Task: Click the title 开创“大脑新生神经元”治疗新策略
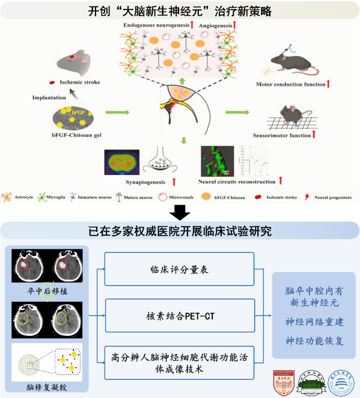click(x=180, y=11)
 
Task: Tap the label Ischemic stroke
click(x=78, y=82)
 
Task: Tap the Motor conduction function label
click(x=290, y=84)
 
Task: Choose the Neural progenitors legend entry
click(x=329, y=197)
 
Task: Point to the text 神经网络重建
click(x=314, y=322)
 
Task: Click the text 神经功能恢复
click(x=314, y=341)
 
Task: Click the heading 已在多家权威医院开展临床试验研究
click(x=180, y=231)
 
